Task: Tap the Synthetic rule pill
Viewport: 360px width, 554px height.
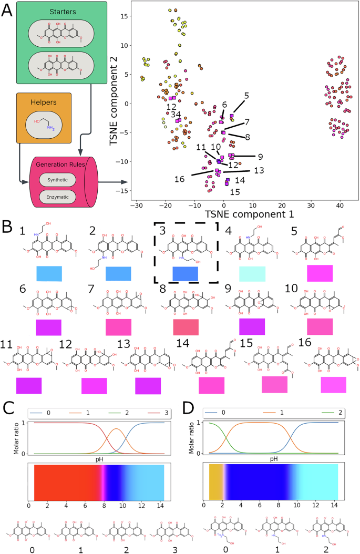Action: (x=57, y=180)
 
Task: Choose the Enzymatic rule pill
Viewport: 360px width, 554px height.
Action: (x=57, y=198)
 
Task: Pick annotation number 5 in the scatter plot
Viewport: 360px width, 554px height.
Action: (x=246, y=96)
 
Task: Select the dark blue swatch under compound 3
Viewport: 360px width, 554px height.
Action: (x=186, y=274)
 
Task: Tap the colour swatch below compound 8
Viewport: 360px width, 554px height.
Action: (x=186, y=326)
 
